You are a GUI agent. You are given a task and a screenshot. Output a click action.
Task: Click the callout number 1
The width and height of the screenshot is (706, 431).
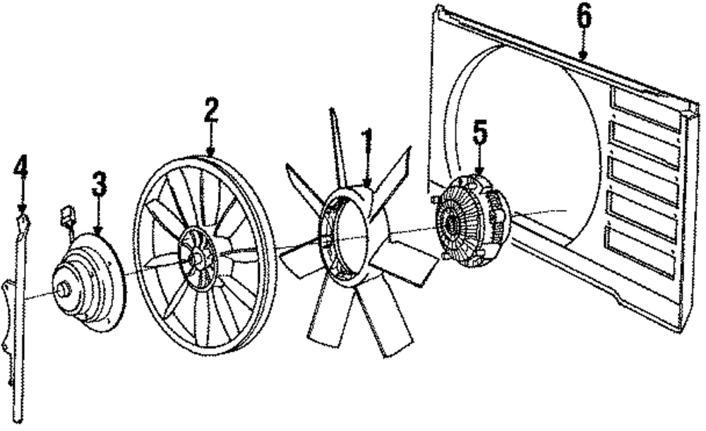click(x=366, y=140)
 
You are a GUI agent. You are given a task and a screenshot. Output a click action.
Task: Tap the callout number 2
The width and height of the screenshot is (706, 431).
click(x=210, y=112)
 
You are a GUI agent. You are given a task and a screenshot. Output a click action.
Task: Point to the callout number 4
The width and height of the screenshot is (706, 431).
click(x=21, y=167)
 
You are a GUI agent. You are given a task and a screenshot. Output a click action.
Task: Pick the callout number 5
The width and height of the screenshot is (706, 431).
click(x=480, y=133)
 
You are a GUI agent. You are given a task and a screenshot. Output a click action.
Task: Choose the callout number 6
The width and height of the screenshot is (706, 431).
click(x=583, y=17)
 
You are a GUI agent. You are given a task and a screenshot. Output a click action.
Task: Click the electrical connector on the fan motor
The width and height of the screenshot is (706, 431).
click(x=67, y=215)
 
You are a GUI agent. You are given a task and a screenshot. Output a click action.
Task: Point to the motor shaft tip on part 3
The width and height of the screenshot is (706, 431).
click(x=62, y=288)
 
